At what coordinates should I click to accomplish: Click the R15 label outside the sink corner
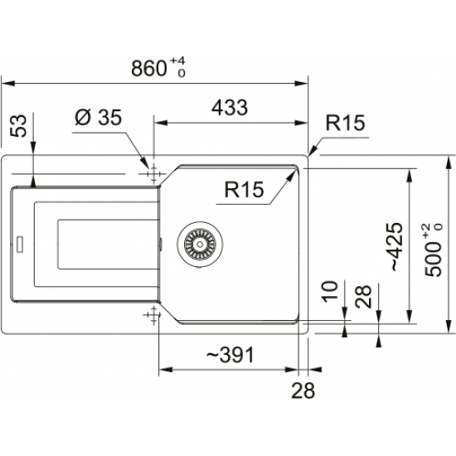(x=345, y=124)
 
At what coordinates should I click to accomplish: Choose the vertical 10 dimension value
(x=329, y=291)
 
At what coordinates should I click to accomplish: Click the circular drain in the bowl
(x=199, y=243)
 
